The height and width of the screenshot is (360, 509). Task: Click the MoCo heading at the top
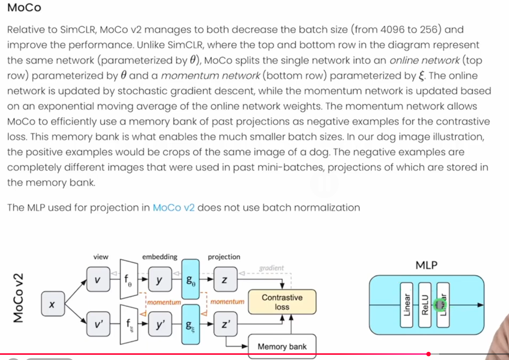(24, 7)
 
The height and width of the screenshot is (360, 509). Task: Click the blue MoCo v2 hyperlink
(173, 208)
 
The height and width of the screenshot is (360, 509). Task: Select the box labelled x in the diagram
(52, 304)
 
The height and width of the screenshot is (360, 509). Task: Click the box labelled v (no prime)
(98, 279)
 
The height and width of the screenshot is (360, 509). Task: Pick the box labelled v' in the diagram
(98, 324)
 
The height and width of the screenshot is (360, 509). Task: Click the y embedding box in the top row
(160, 279)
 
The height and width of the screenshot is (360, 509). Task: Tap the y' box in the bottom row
(160, 324)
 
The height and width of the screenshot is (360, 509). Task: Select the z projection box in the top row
(225, 279)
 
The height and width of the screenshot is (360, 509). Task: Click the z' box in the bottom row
(225, 324)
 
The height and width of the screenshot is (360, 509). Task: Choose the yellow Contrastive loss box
(282, 302)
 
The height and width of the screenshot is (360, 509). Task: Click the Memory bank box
(282, 346)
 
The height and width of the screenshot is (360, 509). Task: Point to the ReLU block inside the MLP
(425, 305)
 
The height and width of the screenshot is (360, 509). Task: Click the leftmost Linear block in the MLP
(406, 305)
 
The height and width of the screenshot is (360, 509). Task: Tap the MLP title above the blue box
(426, 265)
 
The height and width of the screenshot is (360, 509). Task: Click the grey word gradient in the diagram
(271, 268)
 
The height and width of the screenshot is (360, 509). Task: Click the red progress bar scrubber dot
(429, 354)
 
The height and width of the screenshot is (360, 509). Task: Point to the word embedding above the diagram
(160, 257)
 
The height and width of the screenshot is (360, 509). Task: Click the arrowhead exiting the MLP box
(480, 305)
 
